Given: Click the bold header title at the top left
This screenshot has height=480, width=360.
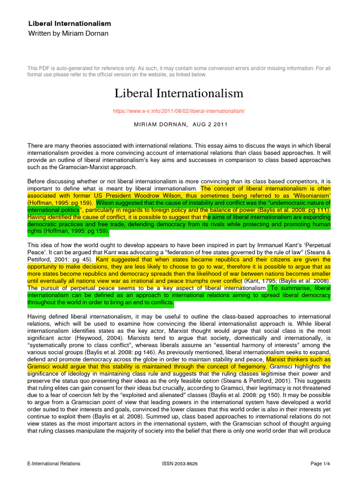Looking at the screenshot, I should (x=69, y=23).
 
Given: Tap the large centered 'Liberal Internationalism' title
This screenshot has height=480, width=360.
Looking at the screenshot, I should (x=179, y=93).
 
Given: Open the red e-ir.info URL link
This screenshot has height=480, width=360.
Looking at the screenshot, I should (x=179, y=111).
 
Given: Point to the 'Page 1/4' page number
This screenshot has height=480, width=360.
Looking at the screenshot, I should (x=321, y=464).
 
